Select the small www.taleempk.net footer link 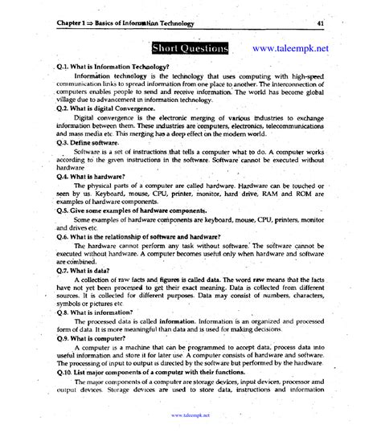190,415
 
